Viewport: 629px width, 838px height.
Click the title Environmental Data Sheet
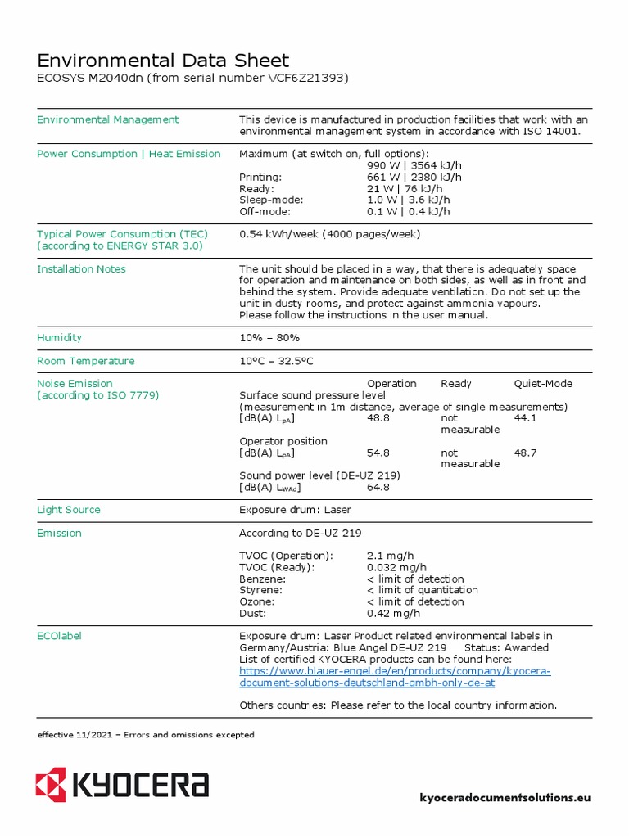[x=163, y=61]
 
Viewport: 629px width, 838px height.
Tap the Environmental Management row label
[x=107, y=119]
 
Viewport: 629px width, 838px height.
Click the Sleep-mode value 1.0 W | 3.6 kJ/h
[x=408, y=200]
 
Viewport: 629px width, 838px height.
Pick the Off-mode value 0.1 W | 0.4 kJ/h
[x=408, y=211]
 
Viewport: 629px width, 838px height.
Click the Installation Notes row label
[x=81, y=269]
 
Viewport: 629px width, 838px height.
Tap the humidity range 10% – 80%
[x=269, y=338]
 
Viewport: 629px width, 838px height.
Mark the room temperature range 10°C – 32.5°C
[x=275, y=361]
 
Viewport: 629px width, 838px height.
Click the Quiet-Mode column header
[x=542, y=384]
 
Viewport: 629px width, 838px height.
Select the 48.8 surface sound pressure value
[x=378, y=418]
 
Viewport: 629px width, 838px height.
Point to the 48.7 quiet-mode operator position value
[x=525, y=453]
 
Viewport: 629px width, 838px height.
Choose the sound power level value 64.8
[x=378, y=487]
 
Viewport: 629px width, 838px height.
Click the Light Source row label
[x=69, y=510]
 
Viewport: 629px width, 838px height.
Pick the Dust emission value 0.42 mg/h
[x=393, y=613]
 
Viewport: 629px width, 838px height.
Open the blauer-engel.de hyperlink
[x=394, y=677]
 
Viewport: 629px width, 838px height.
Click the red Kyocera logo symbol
[x=50, y=785]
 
